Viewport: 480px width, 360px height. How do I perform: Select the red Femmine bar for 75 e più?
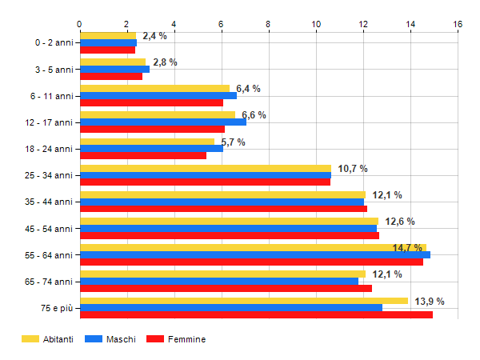(256, 314)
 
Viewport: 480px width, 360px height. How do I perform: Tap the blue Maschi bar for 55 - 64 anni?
(255, 254)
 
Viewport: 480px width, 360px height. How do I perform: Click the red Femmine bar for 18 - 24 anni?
(143, 155)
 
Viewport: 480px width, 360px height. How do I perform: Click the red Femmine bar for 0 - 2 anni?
(107, 50)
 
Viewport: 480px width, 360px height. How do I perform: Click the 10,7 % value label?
(353, 168)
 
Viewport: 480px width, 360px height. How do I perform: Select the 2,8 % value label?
(165, 62)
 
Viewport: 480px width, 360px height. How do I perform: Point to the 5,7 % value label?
(233, 142)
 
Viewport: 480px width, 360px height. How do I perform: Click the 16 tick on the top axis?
(458, 23)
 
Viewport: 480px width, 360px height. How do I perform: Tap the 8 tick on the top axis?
(269, 23)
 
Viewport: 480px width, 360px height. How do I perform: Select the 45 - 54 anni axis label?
(50, 229)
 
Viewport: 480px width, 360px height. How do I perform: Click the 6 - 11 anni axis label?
(51, 96)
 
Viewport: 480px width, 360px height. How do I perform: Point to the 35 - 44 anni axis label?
(50, 202)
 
